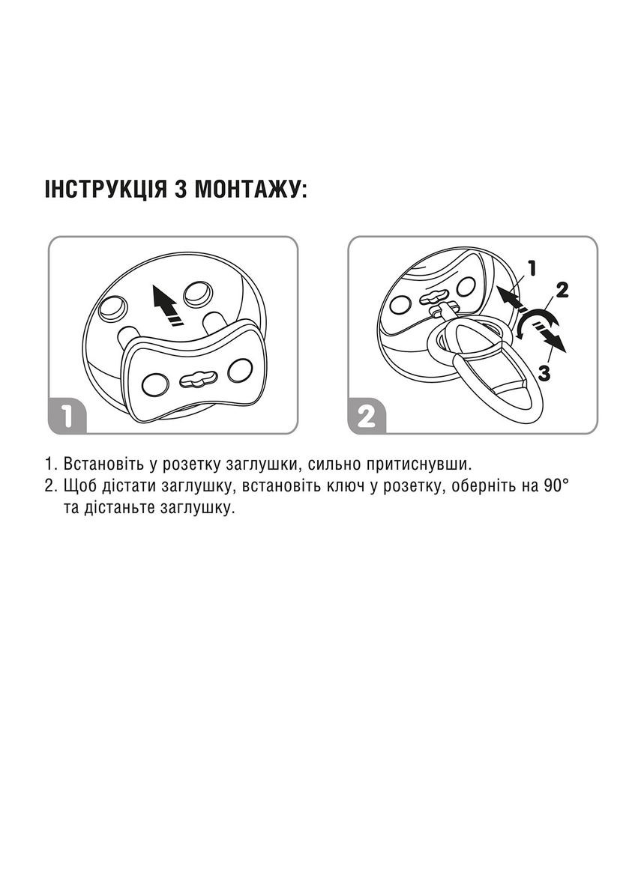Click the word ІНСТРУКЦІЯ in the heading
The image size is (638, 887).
[x=106, y=190]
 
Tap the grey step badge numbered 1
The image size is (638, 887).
[x=66, y=417]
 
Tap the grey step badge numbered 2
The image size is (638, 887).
[x=367, y=417]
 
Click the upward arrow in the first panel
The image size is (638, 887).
[x=167, y=306]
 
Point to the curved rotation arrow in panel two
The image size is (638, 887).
[x=538, y=322]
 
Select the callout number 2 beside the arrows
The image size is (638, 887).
[x=562, y=290]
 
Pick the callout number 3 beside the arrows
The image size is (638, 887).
[x=544, y=373]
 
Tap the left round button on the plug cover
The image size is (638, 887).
[x=153, y=384]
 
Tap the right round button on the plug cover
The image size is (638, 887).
[x=238, y=371]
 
